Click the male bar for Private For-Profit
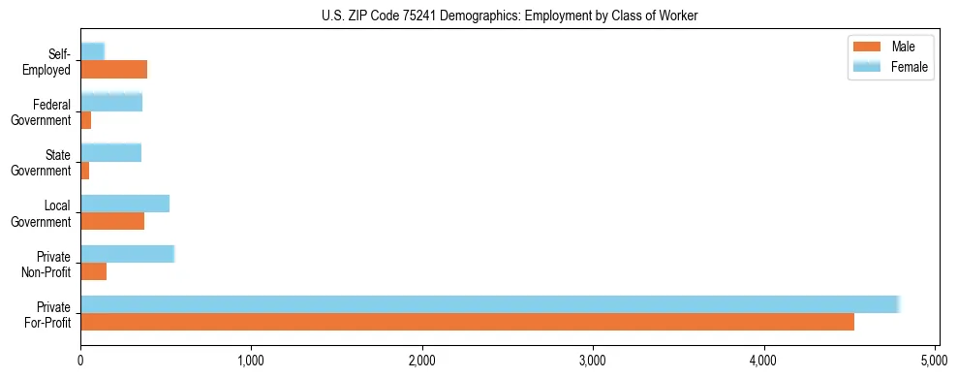[467, 322]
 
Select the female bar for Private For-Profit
[490, 304]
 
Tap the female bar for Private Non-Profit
[127, 254]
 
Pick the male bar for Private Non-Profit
[93, 271]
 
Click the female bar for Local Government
[125, 204]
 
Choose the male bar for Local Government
[112, 221]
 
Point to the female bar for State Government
[110, 152]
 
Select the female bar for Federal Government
[111, 102]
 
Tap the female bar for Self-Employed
[92, 51]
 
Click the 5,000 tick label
[935, 362]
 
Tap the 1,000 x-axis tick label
[251, 362]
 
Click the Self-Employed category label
[48, 61]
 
